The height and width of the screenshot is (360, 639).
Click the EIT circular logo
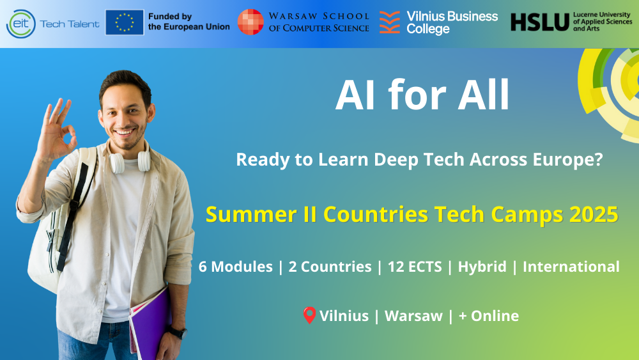click(x=21, y=24)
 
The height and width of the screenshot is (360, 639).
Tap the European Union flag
click(x=125, y=22)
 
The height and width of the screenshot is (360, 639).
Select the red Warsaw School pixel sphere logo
click(x=250, y=22)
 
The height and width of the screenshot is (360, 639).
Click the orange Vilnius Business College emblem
click(x=390, y=22)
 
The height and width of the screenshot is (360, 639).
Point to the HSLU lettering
click(x=539, y=22)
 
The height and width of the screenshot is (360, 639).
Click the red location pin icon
click(x=309, y=315)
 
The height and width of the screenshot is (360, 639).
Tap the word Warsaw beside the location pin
click(x=413, y=316)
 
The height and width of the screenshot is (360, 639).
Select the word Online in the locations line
click(x=495, y=316)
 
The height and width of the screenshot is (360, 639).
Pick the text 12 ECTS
click(x=415, y=267)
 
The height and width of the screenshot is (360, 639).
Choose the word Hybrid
click(x=482, y=267)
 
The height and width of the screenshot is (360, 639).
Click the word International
click(x=571, y=267)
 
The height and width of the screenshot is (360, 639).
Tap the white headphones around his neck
click(x=130, y=162)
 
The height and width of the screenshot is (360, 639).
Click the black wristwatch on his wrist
click(x=178, y=333)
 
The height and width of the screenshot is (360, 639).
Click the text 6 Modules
click(x=236, y=267)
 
